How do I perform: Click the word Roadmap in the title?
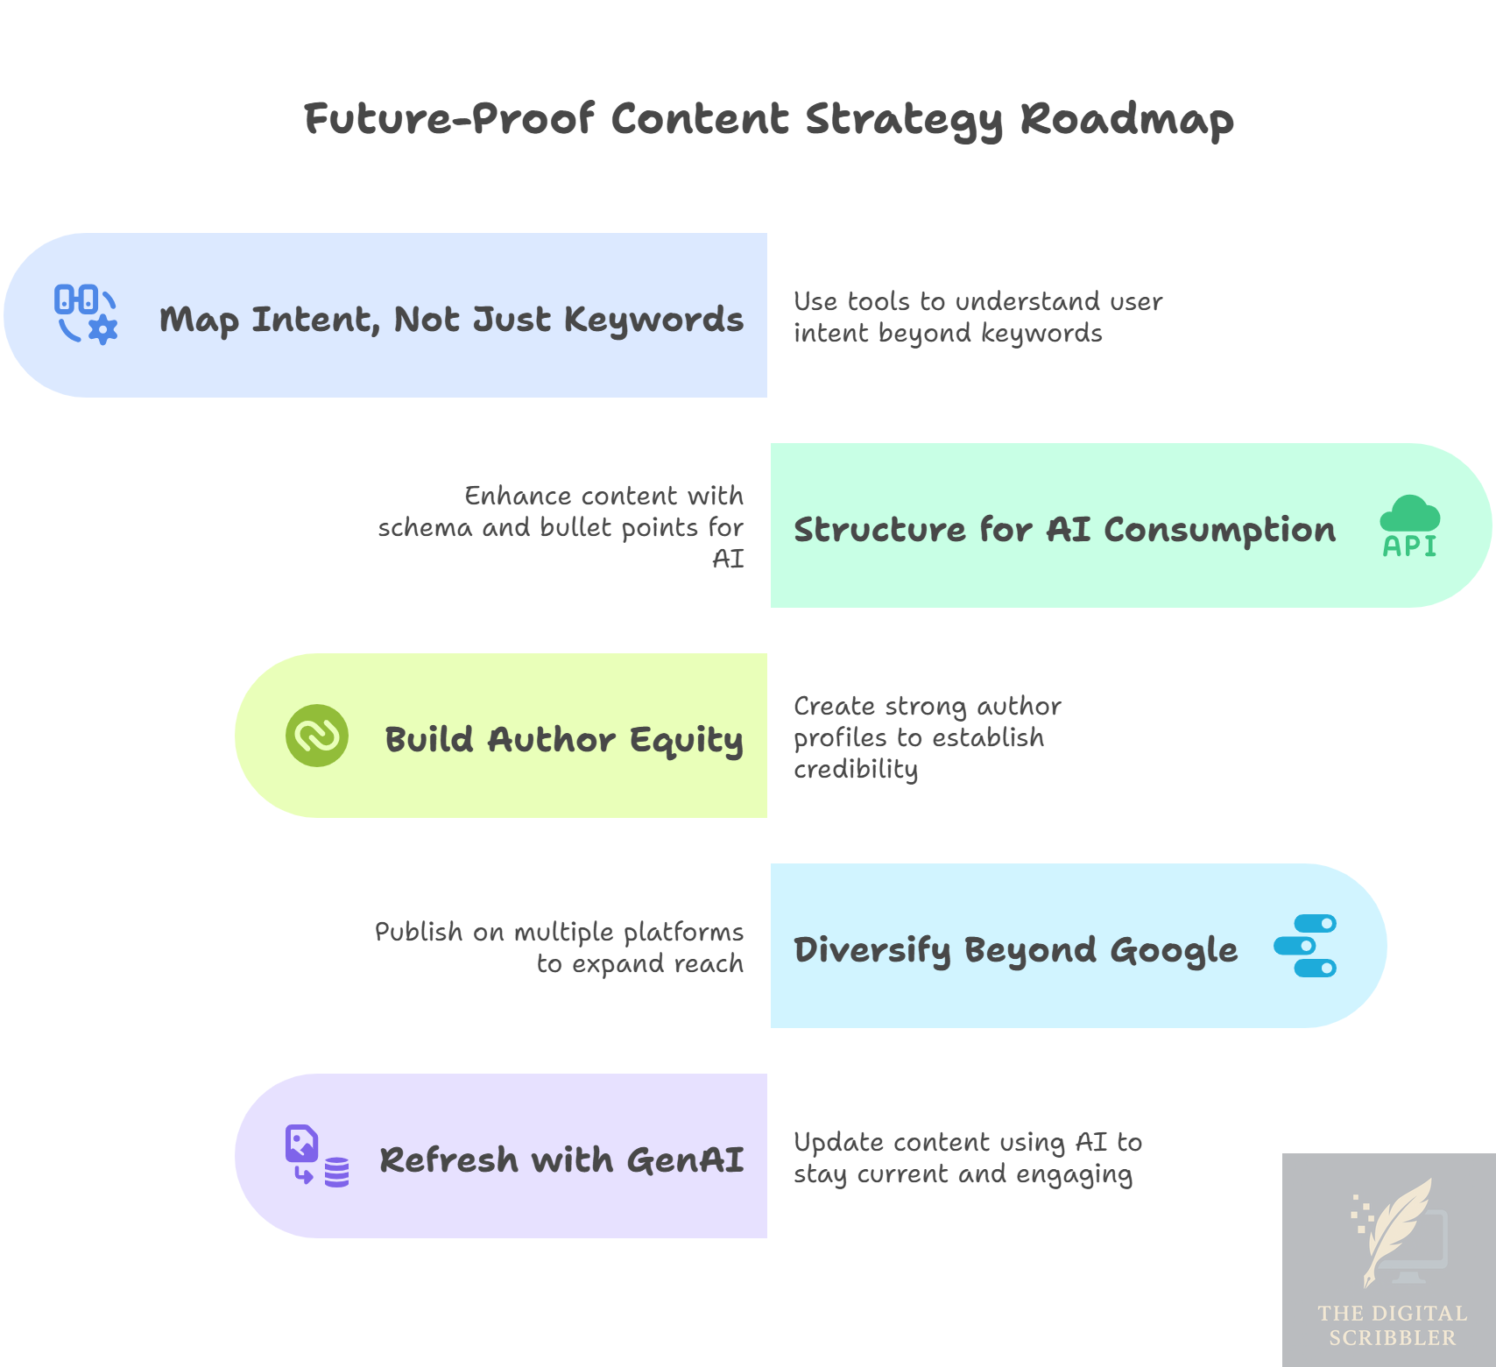click(1126, 119)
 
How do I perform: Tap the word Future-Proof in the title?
click(449, 119)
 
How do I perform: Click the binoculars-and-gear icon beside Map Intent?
click(86, 314)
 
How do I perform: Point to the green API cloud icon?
click(1409, 526)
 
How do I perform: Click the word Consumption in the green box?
click(1219, 530)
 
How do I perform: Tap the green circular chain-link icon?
click(317, 736)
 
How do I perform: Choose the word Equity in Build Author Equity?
click(686, 740)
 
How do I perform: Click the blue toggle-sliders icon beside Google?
click(1305, 946)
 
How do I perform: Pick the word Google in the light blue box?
click(1174, 950)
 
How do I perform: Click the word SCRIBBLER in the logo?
click(1393, 1338)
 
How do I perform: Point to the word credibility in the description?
click(856, 769)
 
